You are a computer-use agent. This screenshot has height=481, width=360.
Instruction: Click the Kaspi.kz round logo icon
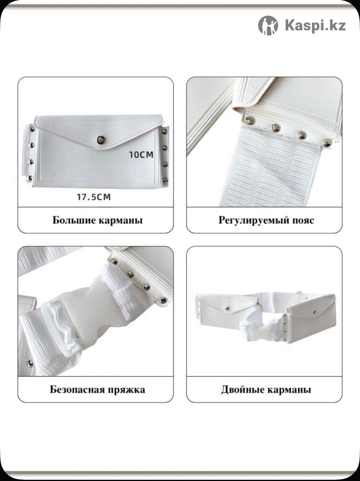point(268,26)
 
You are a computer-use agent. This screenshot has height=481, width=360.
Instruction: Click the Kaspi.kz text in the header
point(316,26)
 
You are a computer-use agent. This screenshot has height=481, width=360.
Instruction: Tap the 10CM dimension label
point(142,155)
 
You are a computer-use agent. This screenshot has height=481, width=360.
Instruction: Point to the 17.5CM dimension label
point(94,197)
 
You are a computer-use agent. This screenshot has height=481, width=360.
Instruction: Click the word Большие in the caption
point(74,220)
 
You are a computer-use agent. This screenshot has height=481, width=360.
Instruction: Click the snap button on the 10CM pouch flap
point(101,139)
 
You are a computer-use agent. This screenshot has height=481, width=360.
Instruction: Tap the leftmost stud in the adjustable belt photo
point(250,120)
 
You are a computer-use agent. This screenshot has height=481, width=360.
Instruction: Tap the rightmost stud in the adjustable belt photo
point(327,143)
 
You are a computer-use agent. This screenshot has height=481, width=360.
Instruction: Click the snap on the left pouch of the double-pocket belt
point(227,309)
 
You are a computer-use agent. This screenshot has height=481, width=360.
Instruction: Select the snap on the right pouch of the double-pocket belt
point(315,312)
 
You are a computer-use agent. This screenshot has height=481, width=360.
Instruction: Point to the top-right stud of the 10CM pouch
point(164,131)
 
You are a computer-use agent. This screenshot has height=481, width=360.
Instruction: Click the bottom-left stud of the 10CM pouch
point(30,178)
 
